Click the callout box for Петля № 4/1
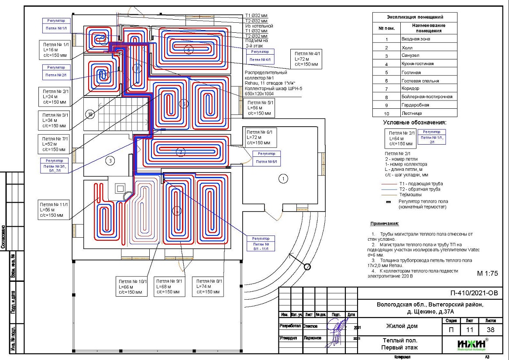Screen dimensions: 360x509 point(306,59)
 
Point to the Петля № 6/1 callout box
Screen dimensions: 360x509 point(261,137)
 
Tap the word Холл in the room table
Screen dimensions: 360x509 point(407,47)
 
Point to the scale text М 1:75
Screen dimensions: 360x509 point(488,273)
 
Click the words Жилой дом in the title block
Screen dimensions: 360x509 point(402,326)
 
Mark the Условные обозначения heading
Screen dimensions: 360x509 point(414,123)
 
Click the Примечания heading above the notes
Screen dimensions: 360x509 point(385,223)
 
